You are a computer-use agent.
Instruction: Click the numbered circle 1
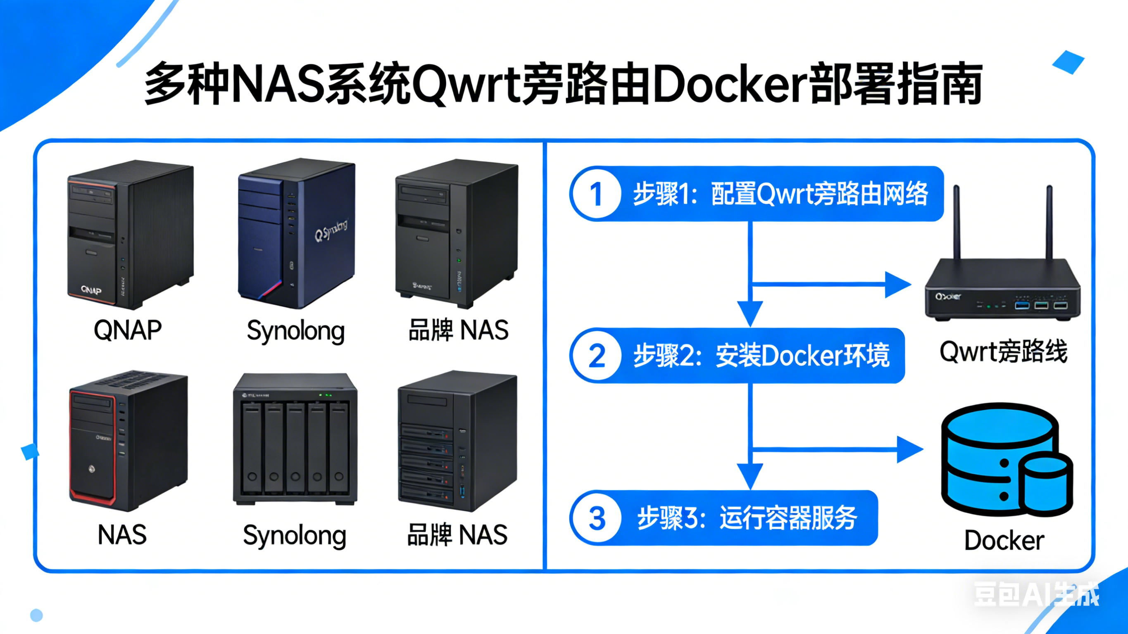[x=596, y=194]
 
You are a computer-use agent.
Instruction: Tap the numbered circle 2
[x=597, y=356]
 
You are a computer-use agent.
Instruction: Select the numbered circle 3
[x=597, y=518]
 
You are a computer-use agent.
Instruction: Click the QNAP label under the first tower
[x=127, y=330]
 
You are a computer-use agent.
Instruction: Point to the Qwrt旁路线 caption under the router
[x=1003, y=351]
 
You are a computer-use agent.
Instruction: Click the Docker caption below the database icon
[x=1004, y=540]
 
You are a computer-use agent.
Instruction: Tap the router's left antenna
[x=957, y=223]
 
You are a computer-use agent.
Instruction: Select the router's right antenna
[x=1049, y=223]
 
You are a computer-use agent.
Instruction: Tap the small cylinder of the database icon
[x=1045, y=485]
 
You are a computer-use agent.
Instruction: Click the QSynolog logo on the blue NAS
[x=331, y=230]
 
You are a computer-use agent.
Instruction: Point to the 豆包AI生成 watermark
[x=1035, y=594]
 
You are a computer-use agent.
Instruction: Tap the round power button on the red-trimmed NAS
[x=91, y=469]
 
